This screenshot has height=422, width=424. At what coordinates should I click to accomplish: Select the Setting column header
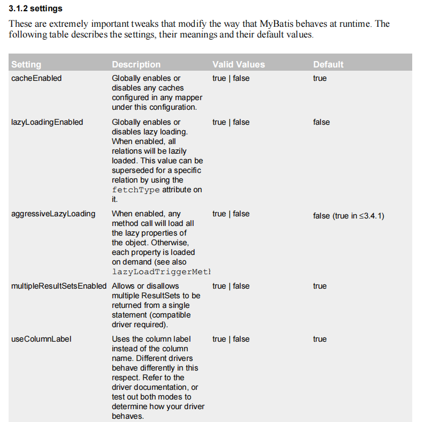click(26, 64)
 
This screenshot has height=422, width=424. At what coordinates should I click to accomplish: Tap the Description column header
click(136, 64)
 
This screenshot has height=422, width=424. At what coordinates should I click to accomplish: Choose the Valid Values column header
click(238, 64)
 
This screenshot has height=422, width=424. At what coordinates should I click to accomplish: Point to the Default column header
click(328, 64)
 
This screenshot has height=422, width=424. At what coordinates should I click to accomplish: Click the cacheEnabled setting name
click(36, 78)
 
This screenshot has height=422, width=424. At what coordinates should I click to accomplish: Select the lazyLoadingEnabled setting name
click(47, 122)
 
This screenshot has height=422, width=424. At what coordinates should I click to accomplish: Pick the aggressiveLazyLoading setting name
click(53, 214)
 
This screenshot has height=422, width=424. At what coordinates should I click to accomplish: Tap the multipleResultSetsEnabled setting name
click(59, 286)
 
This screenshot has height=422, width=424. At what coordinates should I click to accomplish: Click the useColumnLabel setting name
click(41, 339)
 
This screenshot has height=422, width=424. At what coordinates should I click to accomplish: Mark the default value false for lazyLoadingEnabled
click(321, 122)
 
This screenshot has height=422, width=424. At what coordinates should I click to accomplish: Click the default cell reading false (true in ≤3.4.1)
click(349, 216)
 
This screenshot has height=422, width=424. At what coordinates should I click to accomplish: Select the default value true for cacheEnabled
click(320, 78)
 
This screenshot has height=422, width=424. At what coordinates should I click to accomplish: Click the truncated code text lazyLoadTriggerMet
click(161, 272)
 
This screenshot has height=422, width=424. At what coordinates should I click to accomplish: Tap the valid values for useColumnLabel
click(231, 339)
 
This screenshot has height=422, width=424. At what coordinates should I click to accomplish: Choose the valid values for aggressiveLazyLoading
click(231, 214)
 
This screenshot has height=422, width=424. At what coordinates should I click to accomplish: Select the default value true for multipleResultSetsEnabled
click(320, 286)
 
